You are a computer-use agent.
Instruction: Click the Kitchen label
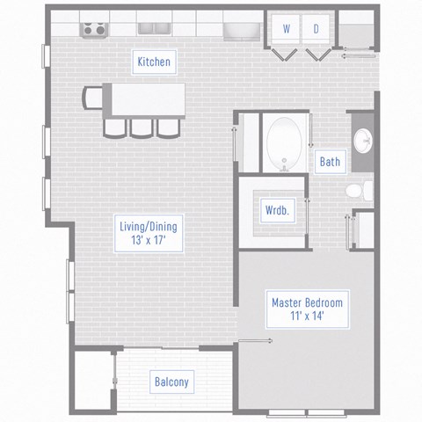[153, 62]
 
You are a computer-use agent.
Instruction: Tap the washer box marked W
[287, 29]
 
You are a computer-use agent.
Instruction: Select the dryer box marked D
[316, 29]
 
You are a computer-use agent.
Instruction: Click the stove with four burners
[92, 30]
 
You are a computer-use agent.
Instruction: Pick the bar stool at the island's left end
[91, 97]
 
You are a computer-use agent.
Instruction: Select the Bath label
[330, 162]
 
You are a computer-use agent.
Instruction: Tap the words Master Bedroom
[307, 302]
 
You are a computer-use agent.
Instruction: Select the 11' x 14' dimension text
[307, 316]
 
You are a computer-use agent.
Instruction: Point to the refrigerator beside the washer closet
[238, 32]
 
